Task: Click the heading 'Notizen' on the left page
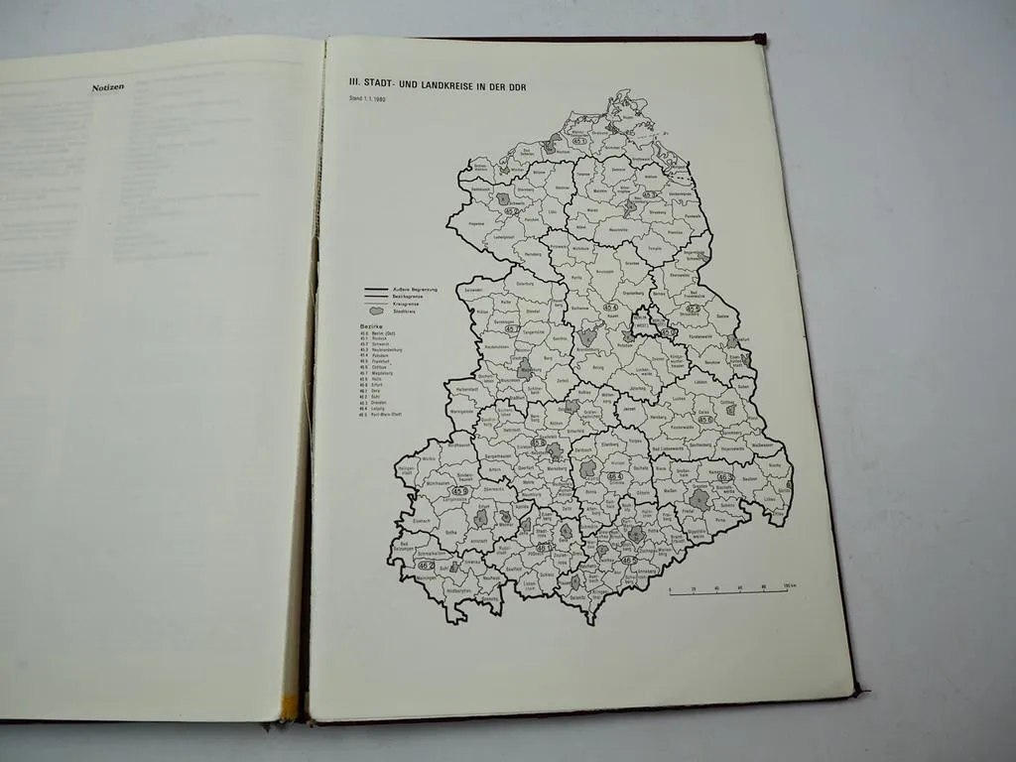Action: [107, 88]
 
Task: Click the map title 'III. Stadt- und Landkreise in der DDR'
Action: [437, 87]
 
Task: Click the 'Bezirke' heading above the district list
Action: [370, 324]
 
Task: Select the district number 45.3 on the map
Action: [651, 194]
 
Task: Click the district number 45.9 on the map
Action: [459, 490]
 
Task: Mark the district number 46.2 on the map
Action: [426, 566]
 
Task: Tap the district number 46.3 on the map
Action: [725, 477]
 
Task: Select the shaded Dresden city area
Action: [700, 499]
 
